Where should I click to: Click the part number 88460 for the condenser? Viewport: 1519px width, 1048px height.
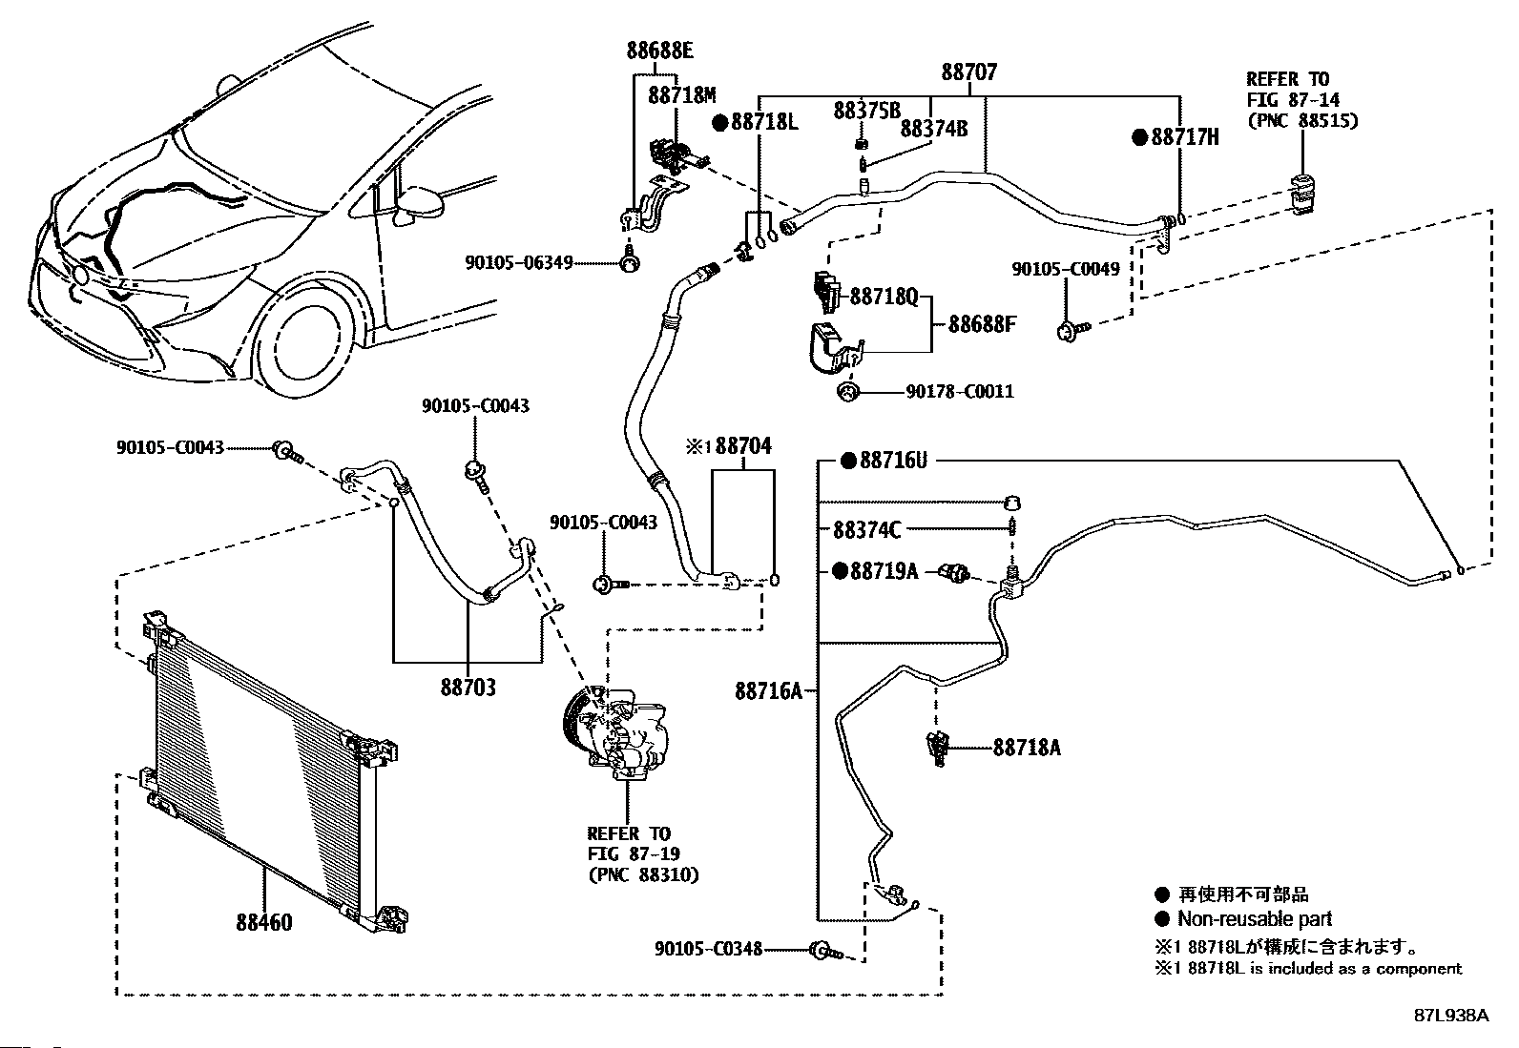point(264,922)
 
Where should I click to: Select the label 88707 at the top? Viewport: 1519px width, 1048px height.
point(968,72)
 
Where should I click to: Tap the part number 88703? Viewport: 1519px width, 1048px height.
point(468,687)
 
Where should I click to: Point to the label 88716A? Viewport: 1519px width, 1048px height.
point(768,690)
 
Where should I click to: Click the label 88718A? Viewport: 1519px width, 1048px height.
point(1026,748)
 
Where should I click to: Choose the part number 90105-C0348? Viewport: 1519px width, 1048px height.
point(708,949)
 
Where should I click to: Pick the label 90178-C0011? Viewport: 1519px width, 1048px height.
point(961,391)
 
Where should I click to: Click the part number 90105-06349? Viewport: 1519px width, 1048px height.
point(519,261)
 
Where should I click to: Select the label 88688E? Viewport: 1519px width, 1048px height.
point(659,51)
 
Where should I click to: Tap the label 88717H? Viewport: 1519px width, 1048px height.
point(1184,137)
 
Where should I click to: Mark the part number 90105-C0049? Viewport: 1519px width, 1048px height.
point(1065,270)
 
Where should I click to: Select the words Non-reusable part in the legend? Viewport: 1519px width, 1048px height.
point(1254,920)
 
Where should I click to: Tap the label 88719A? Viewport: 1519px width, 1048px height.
point(883,571)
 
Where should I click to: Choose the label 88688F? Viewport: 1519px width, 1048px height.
point(981,324)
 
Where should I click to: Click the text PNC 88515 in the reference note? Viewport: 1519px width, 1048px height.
point(1302,120)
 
